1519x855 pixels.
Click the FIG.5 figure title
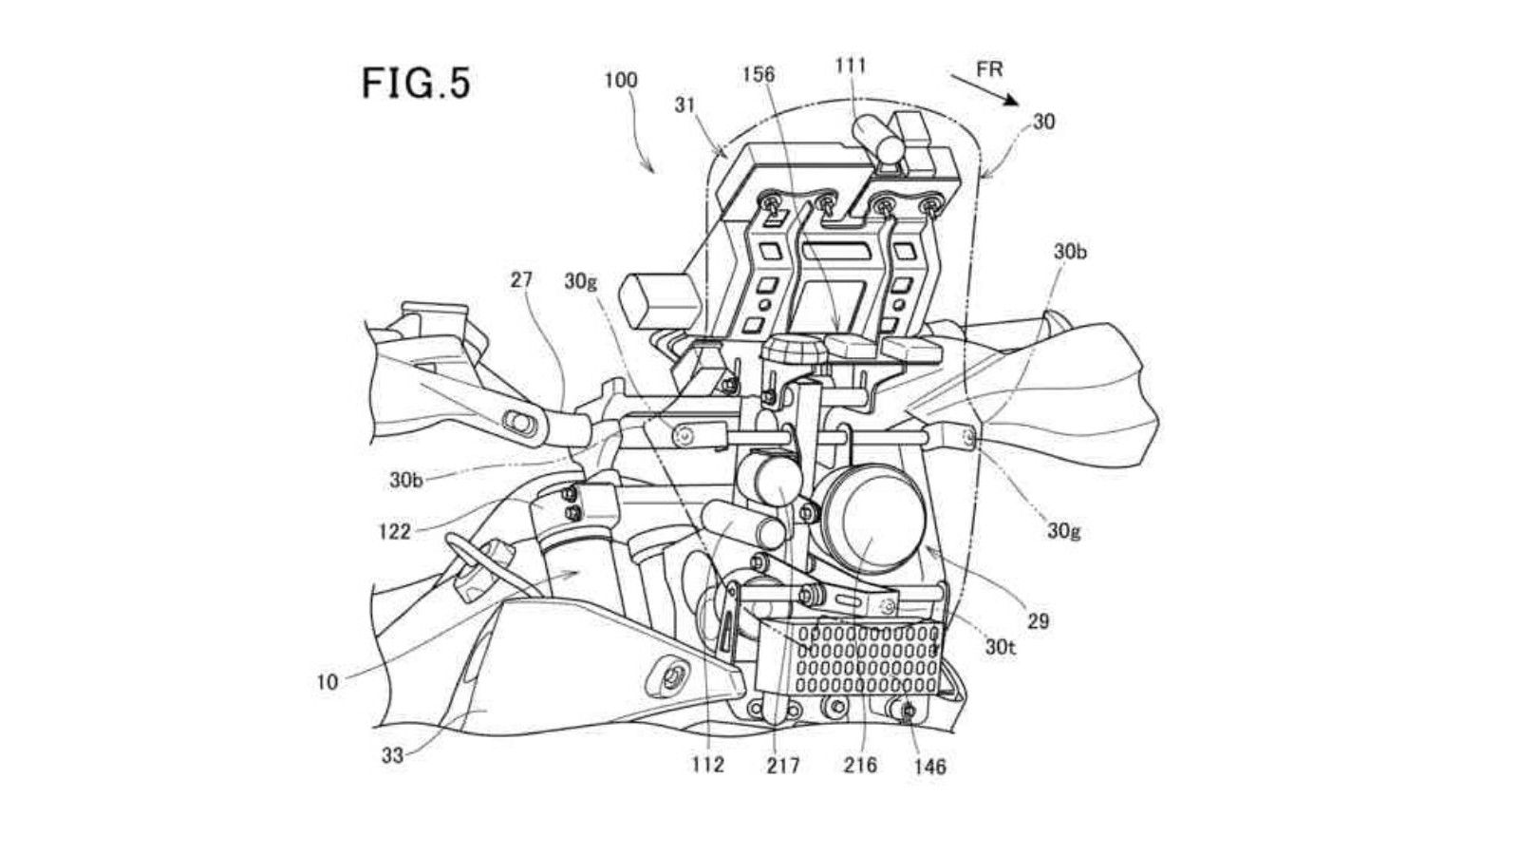point(416,84)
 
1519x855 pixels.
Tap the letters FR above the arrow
point(988,69)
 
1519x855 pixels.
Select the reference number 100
point(621,81)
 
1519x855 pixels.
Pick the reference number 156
point(759,74)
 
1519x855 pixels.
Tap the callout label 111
point(851,66)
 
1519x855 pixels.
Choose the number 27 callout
point(521,279)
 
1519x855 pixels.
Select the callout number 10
point(327,681)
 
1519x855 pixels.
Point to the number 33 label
point(393,755)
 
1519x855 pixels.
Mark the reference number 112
point(708,764)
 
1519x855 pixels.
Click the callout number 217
point(784,764)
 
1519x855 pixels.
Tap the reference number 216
point(861,764)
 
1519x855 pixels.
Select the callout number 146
point(929,766)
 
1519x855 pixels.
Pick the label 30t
point(1000,648)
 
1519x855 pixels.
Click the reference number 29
point(1039,620)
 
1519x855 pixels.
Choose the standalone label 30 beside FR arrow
point(1043,122)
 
